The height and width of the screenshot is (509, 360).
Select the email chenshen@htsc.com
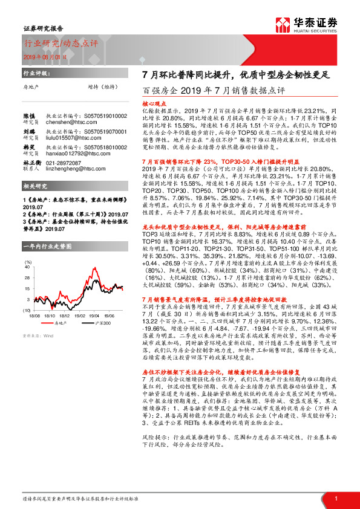pos(67,122)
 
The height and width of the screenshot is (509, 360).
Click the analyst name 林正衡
pos(31,163)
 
